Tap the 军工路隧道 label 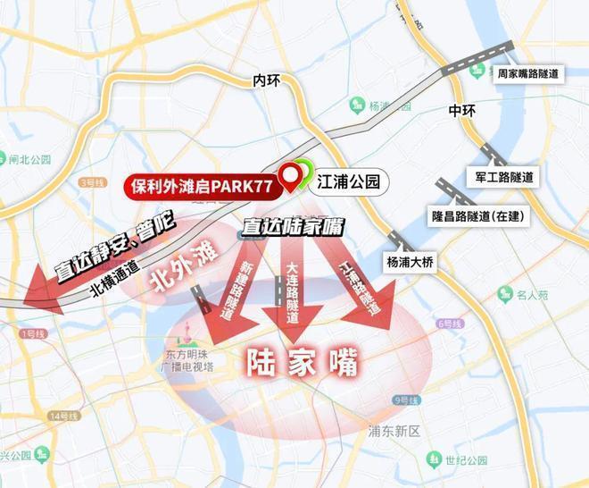[506, 178]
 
